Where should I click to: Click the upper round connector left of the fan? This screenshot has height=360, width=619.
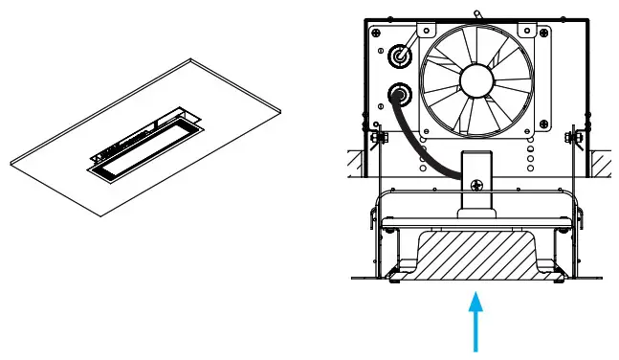pyautogui.click(x=397, y=56)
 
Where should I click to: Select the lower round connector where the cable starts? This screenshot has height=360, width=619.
pyautogui.click(x=396, y=96)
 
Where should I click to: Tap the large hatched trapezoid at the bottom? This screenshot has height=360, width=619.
pyautogui.click(x=475, y=254)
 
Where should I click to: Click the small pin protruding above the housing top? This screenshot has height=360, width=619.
pyautogui.click(x=475, y=10)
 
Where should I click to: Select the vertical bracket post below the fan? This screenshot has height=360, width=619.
pyautogui.click(x=475, y=182)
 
